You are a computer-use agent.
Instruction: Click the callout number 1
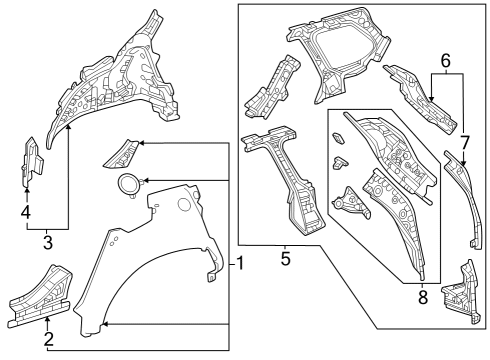(240, 263)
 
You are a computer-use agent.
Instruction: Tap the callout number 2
(48, 339)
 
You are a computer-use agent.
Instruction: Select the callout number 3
(48, 243)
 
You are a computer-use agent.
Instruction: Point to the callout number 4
(26, 212)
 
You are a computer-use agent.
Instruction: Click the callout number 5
(285, 259)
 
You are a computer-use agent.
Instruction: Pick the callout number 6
(446, 61)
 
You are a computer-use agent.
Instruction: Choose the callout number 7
(465, 143)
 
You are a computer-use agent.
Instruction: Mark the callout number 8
(423, 297)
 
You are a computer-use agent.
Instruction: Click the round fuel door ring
(127, 185)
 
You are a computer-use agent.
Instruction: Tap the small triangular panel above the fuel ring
(121, 154)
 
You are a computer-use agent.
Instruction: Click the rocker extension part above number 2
(40, 297)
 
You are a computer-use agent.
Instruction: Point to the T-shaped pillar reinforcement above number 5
(283, 177)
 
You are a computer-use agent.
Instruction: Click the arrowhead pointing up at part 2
(48, 320)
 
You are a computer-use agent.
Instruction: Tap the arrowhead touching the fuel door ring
(146, 181)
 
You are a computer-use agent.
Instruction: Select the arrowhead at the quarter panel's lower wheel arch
(105, 324)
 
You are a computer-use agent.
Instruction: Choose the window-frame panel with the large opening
(338, 53)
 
